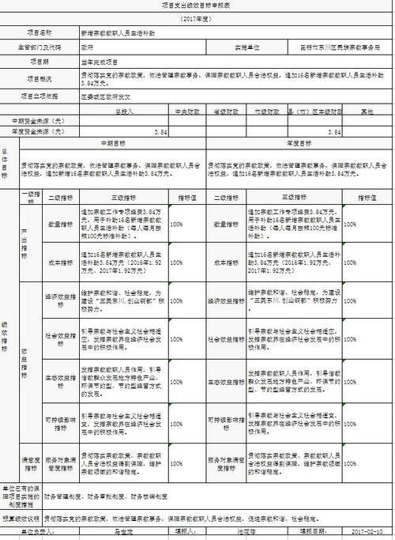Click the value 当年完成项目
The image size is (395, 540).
pos(98,60)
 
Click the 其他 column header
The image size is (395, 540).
pos(367,111)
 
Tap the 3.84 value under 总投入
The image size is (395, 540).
pos(161,131)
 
